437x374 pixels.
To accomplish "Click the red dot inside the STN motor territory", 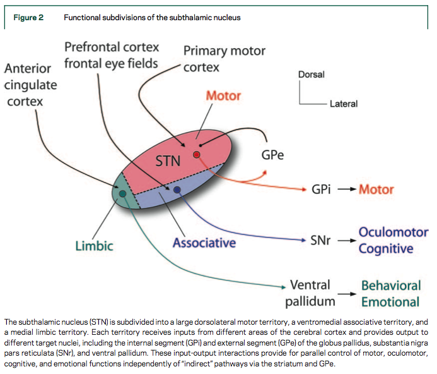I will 197,155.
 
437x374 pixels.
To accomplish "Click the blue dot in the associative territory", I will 177,190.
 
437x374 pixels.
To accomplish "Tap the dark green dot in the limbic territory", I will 122,193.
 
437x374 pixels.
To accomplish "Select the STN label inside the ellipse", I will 168,162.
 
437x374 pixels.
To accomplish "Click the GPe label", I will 272,155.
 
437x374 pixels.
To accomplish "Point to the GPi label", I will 322,190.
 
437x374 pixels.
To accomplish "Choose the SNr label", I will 322,241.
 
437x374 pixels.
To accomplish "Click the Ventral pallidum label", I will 310,293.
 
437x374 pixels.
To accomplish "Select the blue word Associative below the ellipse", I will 204,242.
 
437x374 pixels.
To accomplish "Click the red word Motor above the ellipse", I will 224,97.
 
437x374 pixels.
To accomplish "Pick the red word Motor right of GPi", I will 376,190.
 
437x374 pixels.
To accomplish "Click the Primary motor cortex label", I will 224,58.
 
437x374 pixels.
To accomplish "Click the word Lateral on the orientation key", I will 344,104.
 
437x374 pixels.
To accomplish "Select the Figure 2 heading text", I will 28,17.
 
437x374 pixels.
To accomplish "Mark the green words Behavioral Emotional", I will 390,293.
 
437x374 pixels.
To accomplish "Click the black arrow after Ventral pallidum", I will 347,294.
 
